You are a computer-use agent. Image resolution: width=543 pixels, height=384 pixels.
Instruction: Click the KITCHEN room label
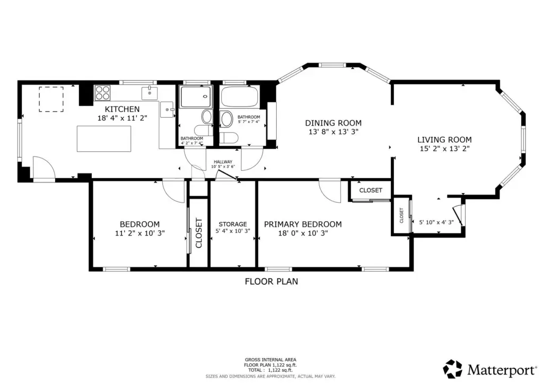[x=122, y=109]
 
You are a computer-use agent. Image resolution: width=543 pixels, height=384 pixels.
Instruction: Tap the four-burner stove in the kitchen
[x=102, y=93]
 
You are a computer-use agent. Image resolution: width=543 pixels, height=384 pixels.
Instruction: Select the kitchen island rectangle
[x=104, y=139]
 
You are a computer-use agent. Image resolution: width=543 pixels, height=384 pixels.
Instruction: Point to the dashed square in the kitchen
[x=51, y=99]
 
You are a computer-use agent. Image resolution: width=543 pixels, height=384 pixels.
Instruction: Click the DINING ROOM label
[x=333, y=123]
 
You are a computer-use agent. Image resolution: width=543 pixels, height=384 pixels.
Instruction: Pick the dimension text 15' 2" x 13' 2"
[x=444, y=149]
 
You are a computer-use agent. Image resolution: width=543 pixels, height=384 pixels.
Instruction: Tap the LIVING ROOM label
[x=444, y=140]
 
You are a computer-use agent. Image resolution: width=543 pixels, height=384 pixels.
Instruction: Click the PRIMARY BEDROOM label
[x=303, y=224]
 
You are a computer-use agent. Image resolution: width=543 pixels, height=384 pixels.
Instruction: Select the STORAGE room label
[x=233, y=224]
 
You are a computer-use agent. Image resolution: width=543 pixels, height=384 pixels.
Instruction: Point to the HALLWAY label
[x=223, y=162]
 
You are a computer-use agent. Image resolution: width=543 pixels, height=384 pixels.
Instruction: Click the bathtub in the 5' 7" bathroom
[x=239, y=96]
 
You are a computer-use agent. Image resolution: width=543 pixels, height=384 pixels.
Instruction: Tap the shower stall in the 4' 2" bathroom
[x=195, y=97]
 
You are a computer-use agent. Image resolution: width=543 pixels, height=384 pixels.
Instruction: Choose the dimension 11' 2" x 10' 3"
[x=140, y=233]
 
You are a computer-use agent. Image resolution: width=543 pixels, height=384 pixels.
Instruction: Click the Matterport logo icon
[x=453, y=369]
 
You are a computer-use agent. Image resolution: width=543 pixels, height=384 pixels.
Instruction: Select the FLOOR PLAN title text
[x=271, y=282]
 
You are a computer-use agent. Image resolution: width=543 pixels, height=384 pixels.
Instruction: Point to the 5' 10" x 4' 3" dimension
[x=436, y=222]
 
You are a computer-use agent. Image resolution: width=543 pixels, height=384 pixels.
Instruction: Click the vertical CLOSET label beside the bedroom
[x=199, y=233]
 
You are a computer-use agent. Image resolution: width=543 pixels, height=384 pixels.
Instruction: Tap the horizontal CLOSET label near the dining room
[x=371, y=190]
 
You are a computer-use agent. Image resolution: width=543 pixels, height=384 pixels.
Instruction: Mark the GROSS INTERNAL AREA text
[x=270, y=360]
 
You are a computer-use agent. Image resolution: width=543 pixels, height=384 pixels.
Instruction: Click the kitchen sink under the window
[x=150, y=93]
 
